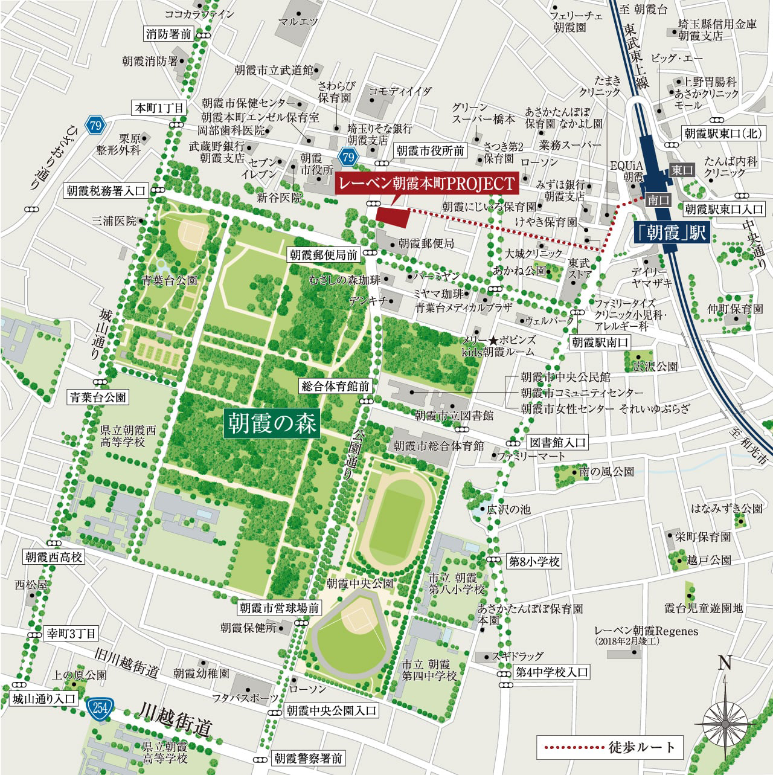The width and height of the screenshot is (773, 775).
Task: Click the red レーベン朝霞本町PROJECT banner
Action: point(426,183)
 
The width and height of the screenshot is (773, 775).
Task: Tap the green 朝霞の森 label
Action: point(271,423)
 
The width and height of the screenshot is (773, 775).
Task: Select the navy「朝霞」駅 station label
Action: point(670,233)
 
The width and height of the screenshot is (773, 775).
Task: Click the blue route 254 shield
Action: point(97,706)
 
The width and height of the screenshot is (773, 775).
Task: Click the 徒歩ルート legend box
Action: point(609,747)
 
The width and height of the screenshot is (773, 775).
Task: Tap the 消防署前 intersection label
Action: point(168,34)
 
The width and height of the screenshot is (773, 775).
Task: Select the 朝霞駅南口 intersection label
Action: point(600,342)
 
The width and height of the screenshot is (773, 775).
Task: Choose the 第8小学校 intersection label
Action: point(534,562)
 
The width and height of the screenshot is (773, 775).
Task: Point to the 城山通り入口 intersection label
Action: point(44,699)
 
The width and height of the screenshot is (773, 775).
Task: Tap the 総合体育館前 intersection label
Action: point(335,386)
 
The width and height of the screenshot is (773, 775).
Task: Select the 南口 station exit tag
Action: point(655,199)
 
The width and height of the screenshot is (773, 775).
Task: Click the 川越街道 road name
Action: point(175,719)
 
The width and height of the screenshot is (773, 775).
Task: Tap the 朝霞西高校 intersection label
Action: point(54,556)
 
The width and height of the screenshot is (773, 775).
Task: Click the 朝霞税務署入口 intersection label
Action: point(106,191)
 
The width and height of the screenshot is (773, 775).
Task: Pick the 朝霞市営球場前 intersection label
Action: point(279,608)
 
